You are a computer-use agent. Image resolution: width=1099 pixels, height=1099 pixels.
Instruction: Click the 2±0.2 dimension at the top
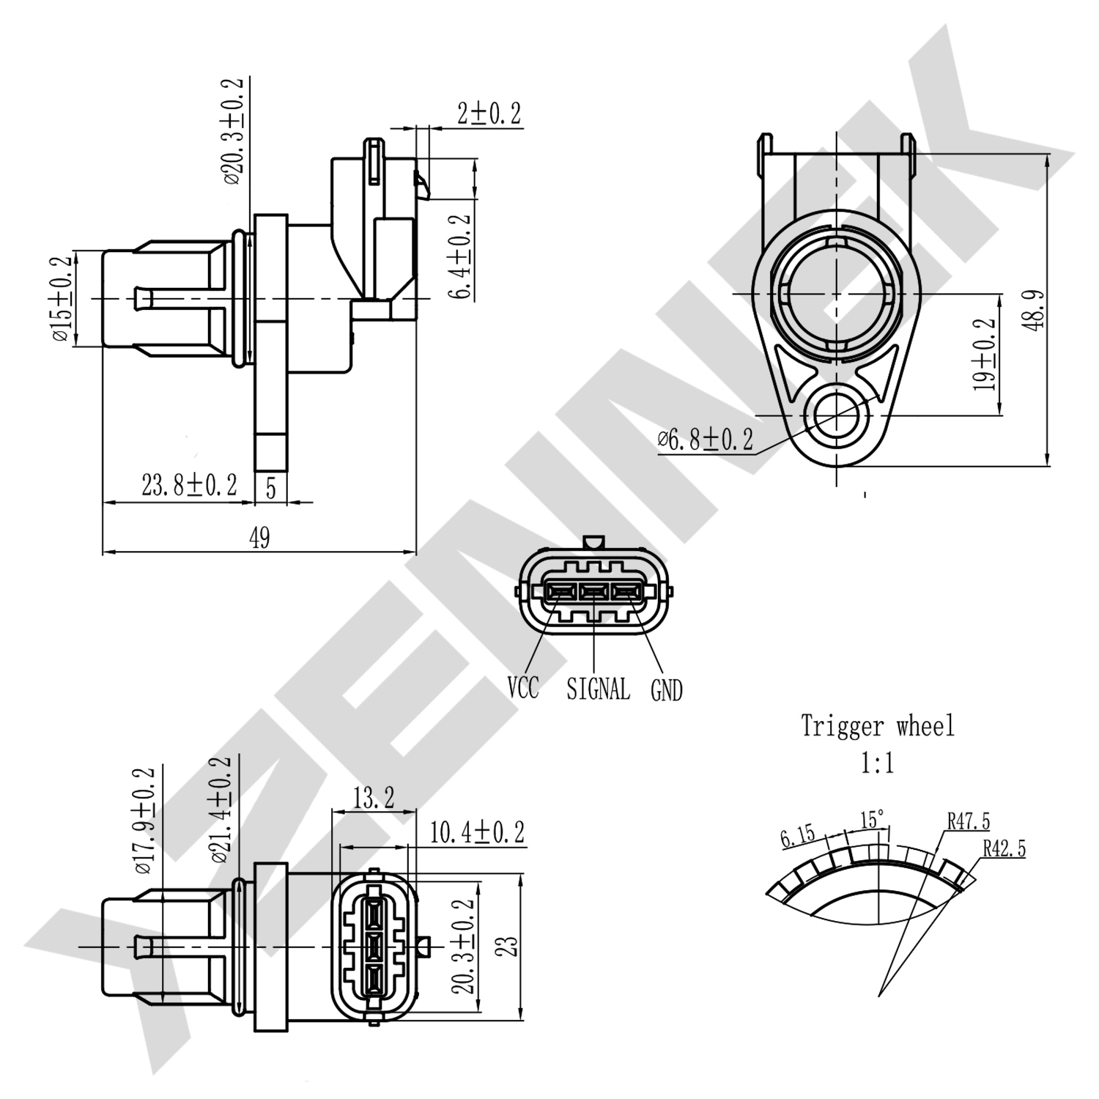pos(489,114)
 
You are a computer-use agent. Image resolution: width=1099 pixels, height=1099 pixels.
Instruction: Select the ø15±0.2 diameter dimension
pos(62,299)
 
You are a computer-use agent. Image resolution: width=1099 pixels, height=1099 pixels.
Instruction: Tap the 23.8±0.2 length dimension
pos(189,485)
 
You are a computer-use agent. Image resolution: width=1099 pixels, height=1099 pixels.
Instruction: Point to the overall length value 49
pos(259,539)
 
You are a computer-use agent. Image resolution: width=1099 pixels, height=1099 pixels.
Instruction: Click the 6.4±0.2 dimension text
pos(459,257)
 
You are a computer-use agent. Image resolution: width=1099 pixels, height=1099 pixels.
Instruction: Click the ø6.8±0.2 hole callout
pos(705,440)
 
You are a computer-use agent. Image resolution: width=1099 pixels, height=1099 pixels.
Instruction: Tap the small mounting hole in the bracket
pos(836,415)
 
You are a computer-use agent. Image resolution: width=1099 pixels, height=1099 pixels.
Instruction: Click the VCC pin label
pos(523,688)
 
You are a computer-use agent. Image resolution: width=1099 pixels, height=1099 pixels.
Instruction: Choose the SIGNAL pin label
pos(598,689)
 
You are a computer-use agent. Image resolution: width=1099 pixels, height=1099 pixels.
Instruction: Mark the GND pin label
pos(666,690)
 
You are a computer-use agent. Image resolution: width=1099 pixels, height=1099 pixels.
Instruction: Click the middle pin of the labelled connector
pos(594,591)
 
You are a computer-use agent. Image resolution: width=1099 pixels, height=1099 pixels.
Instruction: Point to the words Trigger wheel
pos(877,726)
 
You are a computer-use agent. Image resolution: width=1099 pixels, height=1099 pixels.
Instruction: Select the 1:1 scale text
pos(877,764)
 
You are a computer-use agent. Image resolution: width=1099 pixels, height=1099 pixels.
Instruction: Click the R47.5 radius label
pos(968,821)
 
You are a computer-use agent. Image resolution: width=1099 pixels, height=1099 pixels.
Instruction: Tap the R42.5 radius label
pos(1004,848)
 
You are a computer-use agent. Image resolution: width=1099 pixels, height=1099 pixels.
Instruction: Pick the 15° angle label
pos(872,820)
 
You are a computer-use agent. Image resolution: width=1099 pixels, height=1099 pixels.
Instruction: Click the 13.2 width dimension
pos(374,798)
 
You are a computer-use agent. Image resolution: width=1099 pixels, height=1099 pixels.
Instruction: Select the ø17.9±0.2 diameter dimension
pos(144,821)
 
